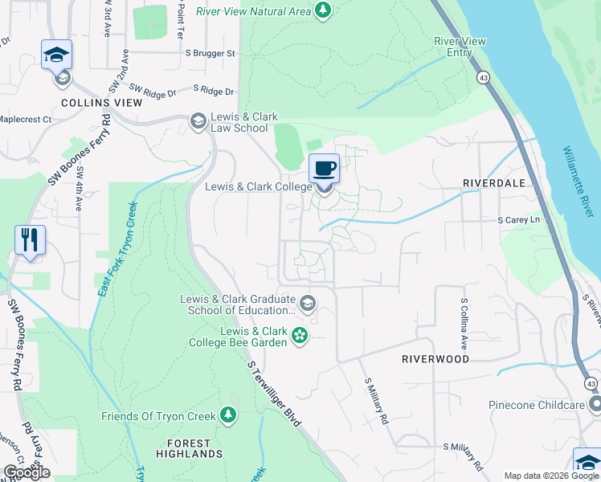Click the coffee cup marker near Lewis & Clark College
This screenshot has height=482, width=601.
click(x=324, y=169)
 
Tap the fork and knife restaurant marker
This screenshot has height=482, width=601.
click(x=30, y=239)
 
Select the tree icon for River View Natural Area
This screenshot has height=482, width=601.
click(x=322, y=10)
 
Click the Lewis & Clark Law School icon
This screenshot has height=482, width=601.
click(x=198, y=121)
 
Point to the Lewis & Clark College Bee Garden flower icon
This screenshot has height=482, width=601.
click(x=300, y=336)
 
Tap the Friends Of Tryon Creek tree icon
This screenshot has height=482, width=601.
click(x=229, y=415)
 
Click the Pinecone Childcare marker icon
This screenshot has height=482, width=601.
click(x=595, y=404)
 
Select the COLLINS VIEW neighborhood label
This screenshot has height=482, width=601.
click(x=102, y=103)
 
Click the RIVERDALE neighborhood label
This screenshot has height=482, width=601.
click(x=493, y=183)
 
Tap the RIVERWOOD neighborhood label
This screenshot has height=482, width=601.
click(x=435, y=359)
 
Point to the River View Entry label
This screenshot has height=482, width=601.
click(x=453, y=47)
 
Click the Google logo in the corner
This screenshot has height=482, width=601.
click(x=27, y=472)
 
